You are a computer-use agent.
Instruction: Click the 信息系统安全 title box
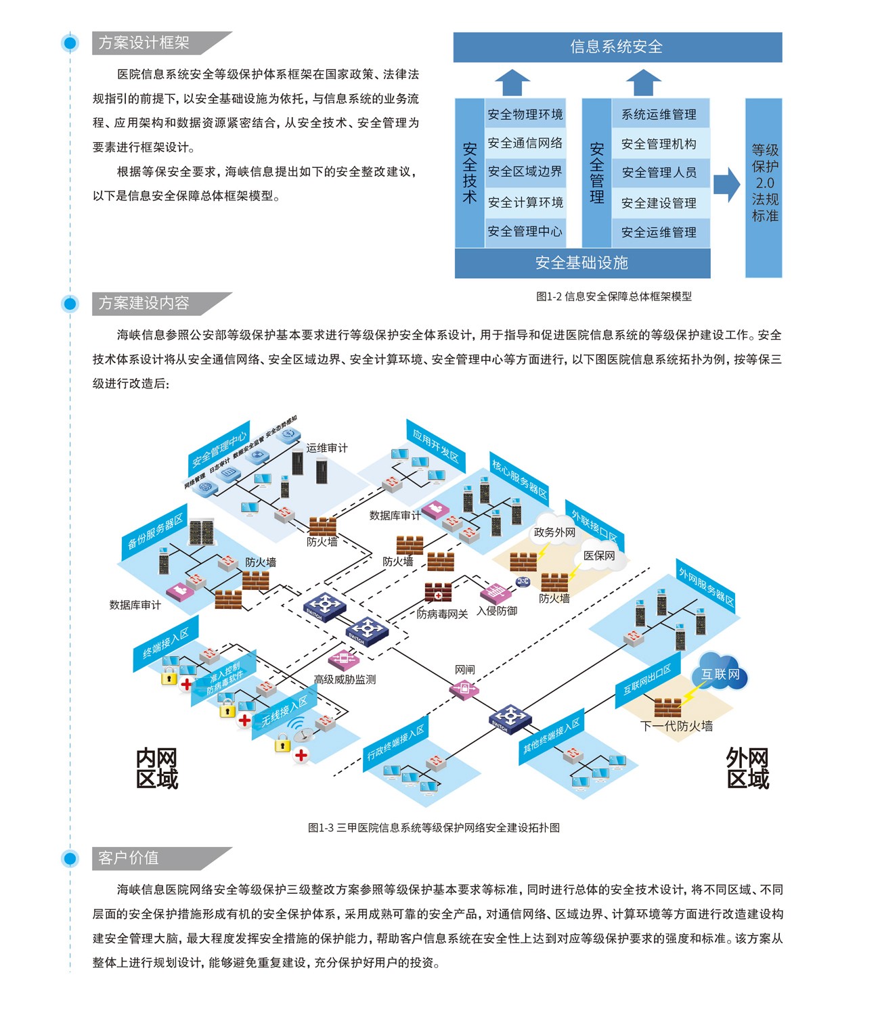(x=617, y=47)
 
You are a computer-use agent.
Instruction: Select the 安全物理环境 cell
(x=525, y=114)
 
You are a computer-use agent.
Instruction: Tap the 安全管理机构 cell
(x=659, y=143)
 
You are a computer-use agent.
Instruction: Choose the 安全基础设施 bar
(x=582, y=263)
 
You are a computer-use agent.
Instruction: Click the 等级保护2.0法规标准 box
(x=764, y=183)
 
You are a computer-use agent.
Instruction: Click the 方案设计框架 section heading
(x=144, y=43)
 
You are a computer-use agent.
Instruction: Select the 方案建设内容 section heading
(x=144, y=303)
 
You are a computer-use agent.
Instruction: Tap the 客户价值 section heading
(x=129, y=858)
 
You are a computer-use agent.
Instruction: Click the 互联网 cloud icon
(x=720, y=673)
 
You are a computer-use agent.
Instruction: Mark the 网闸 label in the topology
(x=465, y=669)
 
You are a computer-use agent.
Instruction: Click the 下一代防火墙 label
(x=676, y=726)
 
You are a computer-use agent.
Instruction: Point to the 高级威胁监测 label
(x=345, y=679)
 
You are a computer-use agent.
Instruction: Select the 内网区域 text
(x=157, y=769)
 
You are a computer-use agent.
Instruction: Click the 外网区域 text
(x=748, y=769)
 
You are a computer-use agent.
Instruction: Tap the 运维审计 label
(x=327, y=448)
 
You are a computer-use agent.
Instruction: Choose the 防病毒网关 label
(x=442, y=614)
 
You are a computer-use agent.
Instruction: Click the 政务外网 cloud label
(x=554, y=532)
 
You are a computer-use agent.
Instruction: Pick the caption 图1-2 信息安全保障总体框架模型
(x=614, y=296)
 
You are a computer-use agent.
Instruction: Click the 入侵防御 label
(x=497, y=611)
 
